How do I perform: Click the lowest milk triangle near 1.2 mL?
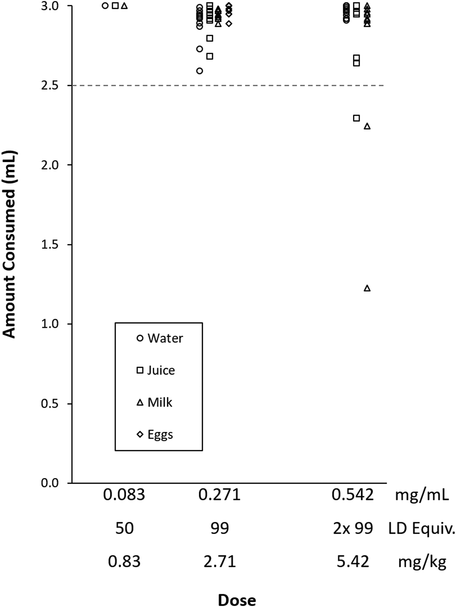point(367,288)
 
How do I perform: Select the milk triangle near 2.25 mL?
point(367,126)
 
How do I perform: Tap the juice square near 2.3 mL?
point(356,118)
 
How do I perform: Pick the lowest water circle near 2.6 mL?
point(199,71)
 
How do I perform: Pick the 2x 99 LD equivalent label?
point(353,528)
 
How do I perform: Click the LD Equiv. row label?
point(422,528)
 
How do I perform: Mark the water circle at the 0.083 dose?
point(105,6)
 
